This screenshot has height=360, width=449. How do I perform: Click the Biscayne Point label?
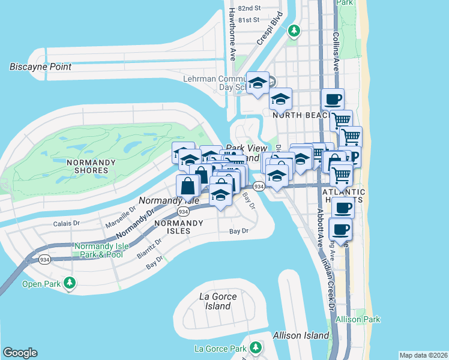point(40,67)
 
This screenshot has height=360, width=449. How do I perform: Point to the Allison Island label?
point(301,335)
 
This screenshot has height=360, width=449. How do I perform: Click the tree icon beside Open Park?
point(70,282)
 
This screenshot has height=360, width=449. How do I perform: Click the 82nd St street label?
point(249,8)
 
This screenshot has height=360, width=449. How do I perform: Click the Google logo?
point(20,353)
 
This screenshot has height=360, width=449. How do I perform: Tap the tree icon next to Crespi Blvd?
point(294,29)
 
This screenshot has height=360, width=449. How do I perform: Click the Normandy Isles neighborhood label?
point(172,226)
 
